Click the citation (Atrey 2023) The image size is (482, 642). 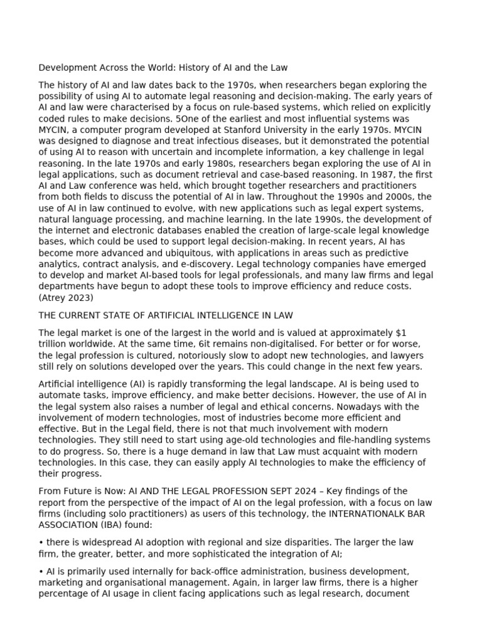pyautogui.click(x=66, y=298)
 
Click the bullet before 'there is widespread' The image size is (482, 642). pyautogui.click(x=41, y=542)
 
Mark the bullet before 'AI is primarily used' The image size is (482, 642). pyautogui.click(x=41, y=572)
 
